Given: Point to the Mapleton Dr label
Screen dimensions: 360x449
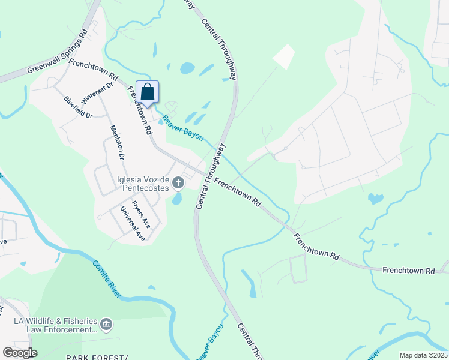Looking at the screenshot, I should click(x=116, y=142).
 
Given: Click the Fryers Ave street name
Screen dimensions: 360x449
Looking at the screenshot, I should click(x=141, y=213).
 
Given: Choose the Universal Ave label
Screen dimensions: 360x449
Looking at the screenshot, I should click(x=133, y=224).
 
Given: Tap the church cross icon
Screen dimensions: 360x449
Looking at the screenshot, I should click(x=178, y=182).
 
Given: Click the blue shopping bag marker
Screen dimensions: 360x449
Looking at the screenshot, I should click(x=147, y=92).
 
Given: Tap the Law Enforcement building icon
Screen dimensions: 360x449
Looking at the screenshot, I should click(x=106, y=325).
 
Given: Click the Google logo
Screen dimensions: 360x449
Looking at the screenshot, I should click(x=20, y=352).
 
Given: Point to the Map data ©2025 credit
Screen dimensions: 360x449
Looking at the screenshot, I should click(x=423, y=355).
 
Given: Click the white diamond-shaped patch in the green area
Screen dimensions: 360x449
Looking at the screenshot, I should click(x=284, y=56).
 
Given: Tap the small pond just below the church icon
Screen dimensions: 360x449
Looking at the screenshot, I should click(x=177, y=199).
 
